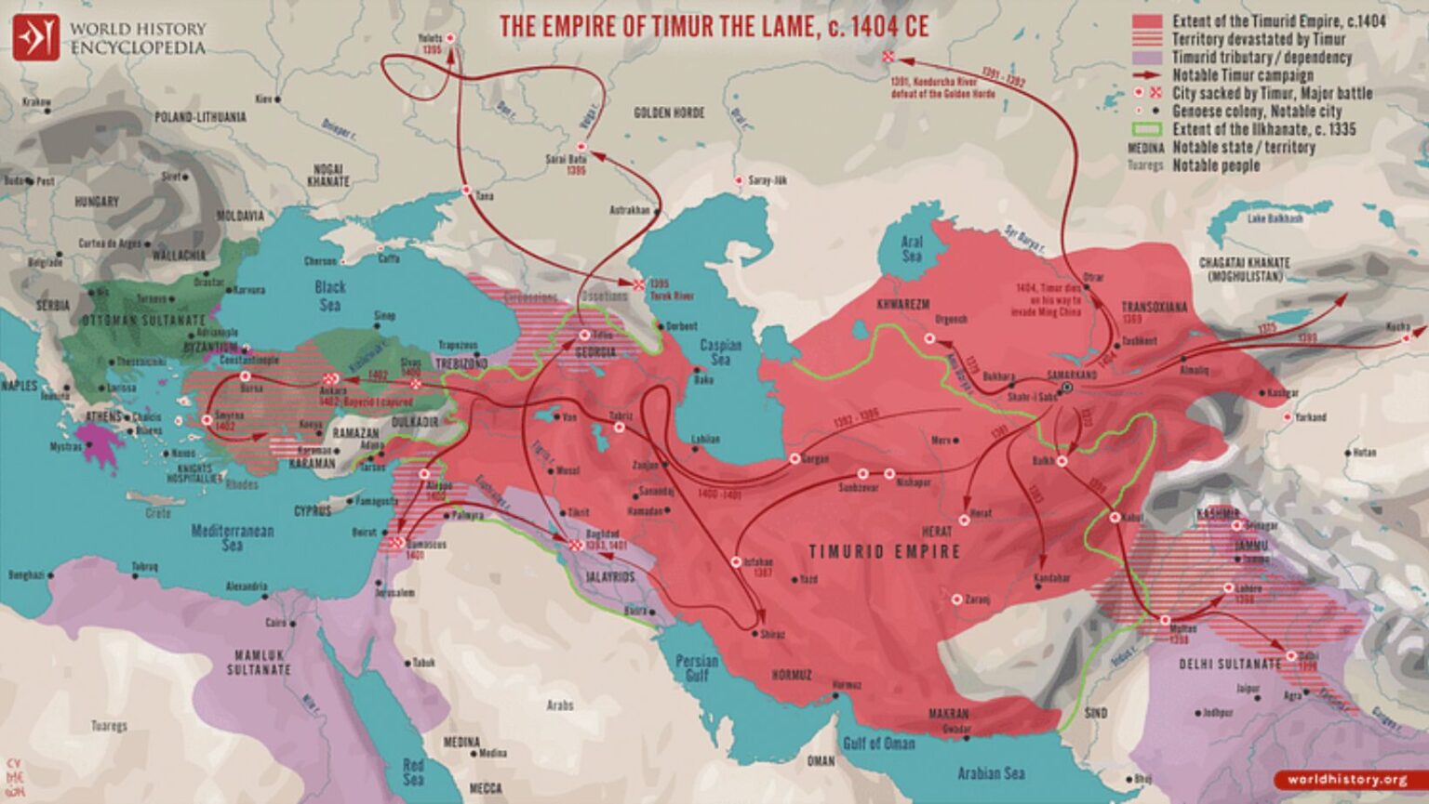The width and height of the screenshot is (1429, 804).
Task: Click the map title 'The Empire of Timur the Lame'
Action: [x=714, y=26]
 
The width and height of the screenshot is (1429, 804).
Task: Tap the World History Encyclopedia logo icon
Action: [x=36, y=37]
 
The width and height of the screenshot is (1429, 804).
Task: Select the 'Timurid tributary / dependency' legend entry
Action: [x=1261, y=58]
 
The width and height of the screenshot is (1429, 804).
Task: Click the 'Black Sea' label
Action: [x=330, y=296]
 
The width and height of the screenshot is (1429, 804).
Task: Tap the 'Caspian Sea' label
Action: [x=720, y=352]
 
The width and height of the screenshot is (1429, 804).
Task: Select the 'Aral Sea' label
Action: [x=912, y=248]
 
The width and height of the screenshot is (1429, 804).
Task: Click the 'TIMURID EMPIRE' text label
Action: [x=884, y=551]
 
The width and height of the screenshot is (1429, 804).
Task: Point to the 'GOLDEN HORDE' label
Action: [x=669, y=112]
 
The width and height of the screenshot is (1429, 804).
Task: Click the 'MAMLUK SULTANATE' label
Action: [x=259, y=662]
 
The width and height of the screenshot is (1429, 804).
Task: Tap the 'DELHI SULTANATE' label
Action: [x=1230, y=665]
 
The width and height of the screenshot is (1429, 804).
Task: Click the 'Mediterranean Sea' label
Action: [x=233, y=538]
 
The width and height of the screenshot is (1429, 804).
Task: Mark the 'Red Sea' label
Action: [x=413, y=771]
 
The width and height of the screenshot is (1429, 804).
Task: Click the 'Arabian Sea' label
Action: [x=991, y=773]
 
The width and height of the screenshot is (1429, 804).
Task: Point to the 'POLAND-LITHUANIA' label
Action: [x=200, y=117]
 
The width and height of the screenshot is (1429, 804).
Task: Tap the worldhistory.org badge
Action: [x=1347, y=780]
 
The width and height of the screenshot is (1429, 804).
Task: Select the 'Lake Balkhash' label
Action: [x=1275, y=218]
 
